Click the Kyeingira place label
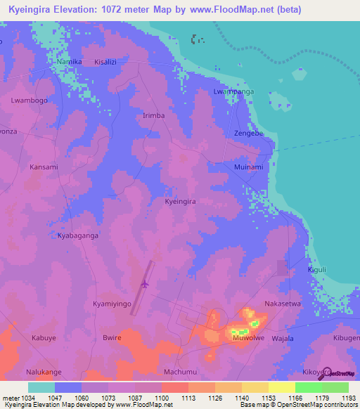pyautogui.click(x=179, y=201)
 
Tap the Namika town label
pyautogui.click(x=70, y=62)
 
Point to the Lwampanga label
pyautogui.click(x=233, y=92)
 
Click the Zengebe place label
pyautogui.click(x=248, y=133)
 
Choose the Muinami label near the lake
pyautogui.click(x=248, y=167)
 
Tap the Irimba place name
pyautogui.click(x=153, y=115)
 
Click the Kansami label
pyautogui.click(x=44, y=167)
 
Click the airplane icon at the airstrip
pyautogui.click(x=145, y=285)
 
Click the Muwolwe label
pyautogui.click(x=248, y=338)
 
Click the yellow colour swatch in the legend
pyautogui.click(x=281, y=387)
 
